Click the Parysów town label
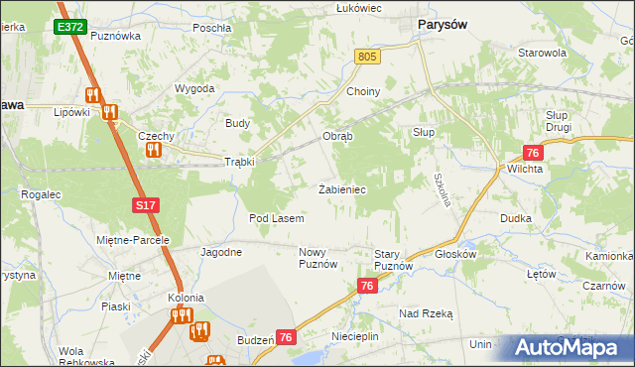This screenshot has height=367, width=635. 444,25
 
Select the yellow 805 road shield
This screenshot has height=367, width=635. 368,59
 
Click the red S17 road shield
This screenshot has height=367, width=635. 145,204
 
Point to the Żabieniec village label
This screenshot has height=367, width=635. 344,188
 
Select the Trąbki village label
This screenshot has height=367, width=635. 239,162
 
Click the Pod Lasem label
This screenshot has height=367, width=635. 276,217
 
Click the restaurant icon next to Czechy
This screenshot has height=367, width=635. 153,150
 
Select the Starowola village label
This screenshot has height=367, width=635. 541,53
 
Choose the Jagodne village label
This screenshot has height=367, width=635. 221,252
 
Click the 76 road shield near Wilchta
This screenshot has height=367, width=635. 533,153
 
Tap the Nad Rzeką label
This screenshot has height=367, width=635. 426,313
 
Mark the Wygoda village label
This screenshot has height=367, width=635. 195,88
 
